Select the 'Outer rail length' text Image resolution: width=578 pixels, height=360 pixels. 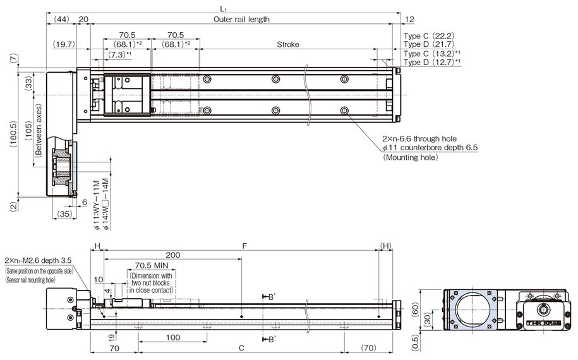click(x=241, y=20)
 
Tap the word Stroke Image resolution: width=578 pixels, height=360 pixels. click(x=288, y=45)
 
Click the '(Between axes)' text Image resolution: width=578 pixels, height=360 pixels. click(x=39, y=131)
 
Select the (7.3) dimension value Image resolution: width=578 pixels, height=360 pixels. click(x=119, y=55)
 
